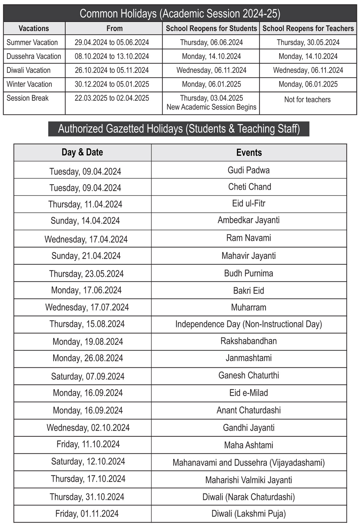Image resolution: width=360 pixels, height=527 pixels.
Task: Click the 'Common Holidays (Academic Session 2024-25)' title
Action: [x=180, y=14]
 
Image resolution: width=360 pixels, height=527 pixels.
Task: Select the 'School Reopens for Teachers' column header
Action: [x=308, y=29]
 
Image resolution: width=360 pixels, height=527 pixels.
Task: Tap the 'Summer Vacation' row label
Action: [x=32, y=42]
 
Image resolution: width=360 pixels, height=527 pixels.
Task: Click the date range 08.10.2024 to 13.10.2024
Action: [x=112, y=56]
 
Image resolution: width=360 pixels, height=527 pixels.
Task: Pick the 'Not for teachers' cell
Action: [x=307, y=100]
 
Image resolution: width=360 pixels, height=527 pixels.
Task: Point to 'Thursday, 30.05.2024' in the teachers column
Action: [x=308, y=42]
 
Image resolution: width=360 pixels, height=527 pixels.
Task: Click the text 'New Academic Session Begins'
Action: [x=211, y=107]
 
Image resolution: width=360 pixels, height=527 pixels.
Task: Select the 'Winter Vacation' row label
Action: [x=29, y=84]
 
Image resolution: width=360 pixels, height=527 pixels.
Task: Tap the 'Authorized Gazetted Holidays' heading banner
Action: [x=179, y=129]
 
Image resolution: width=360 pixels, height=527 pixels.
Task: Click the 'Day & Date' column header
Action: [x=82, y=152]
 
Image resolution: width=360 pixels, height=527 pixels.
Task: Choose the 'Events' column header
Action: [x=249, y=152]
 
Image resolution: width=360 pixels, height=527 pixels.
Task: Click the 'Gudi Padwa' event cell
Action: [x=249, y=170]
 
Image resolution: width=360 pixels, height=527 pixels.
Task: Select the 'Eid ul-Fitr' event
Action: [x=249, y=203]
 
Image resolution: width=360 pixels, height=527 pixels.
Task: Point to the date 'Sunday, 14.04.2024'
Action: [x=85, y=221]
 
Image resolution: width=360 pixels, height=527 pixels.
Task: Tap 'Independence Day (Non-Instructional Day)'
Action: [x=249, y=324]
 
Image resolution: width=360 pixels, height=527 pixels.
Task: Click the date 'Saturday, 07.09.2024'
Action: [x=88, y=376]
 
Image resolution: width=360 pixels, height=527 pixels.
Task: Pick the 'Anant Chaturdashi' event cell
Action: [x=249, y=410]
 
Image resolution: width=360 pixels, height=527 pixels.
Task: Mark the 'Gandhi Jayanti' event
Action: [x=249, y=428]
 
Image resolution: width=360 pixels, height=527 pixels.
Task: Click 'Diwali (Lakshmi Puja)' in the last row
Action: [x=249, y=513]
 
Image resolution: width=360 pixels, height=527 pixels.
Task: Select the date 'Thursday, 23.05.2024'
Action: [x=86, y=274]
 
